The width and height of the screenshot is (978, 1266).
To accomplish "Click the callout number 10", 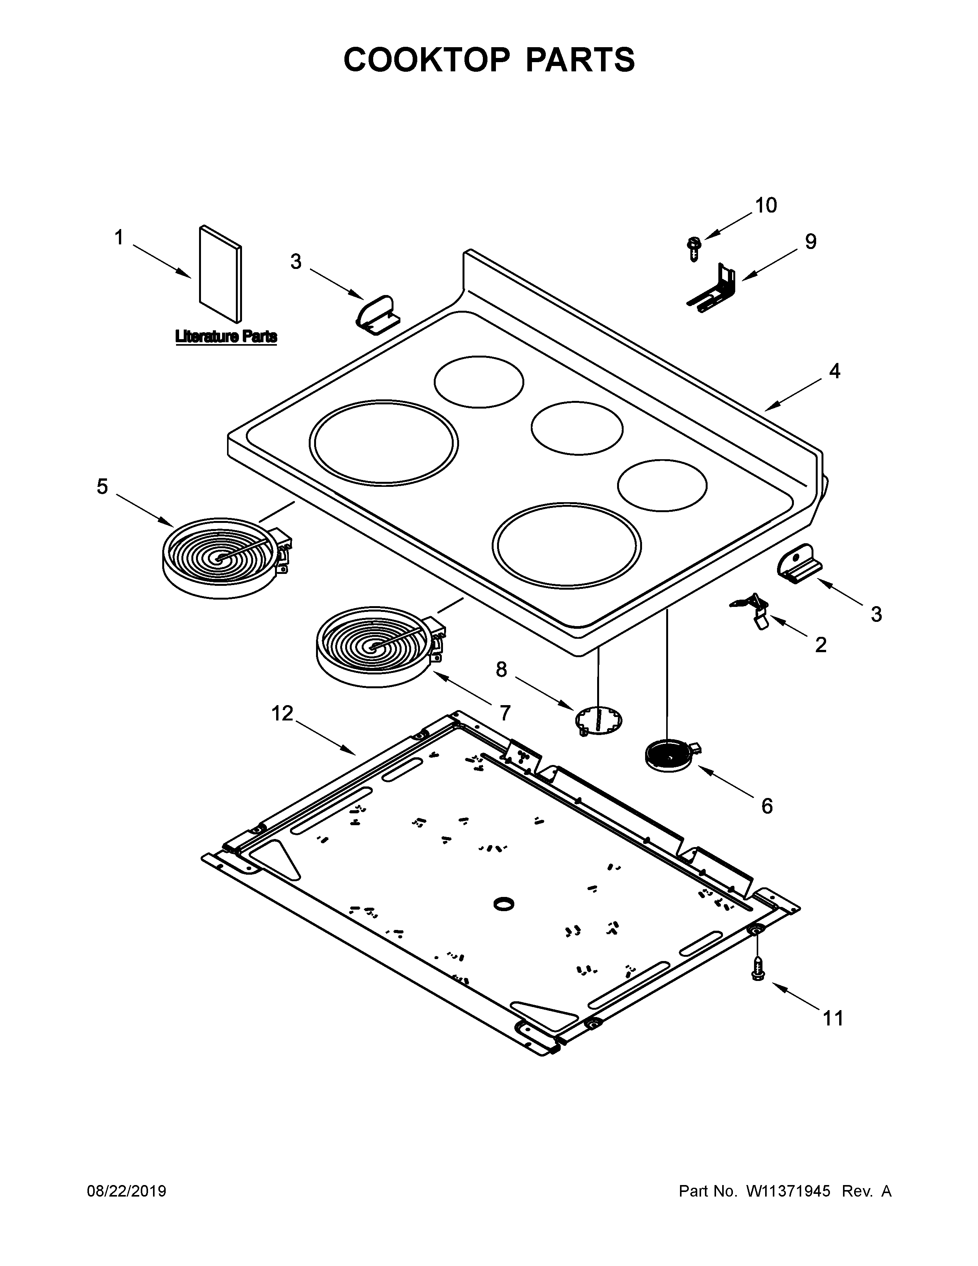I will click(x=766, y=205).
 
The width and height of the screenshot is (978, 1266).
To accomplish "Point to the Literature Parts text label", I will click(x=226, y=336).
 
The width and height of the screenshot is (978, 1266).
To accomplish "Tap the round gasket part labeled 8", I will click(x=599, y=721).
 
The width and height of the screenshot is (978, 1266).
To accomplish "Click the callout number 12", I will click(x=282, y=714).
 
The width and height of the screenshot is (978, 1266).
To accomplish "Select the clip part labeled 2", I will click(x=753, y=609).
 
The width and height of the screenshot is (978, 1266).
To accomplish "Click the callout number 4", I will click(x=834, y=371).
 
